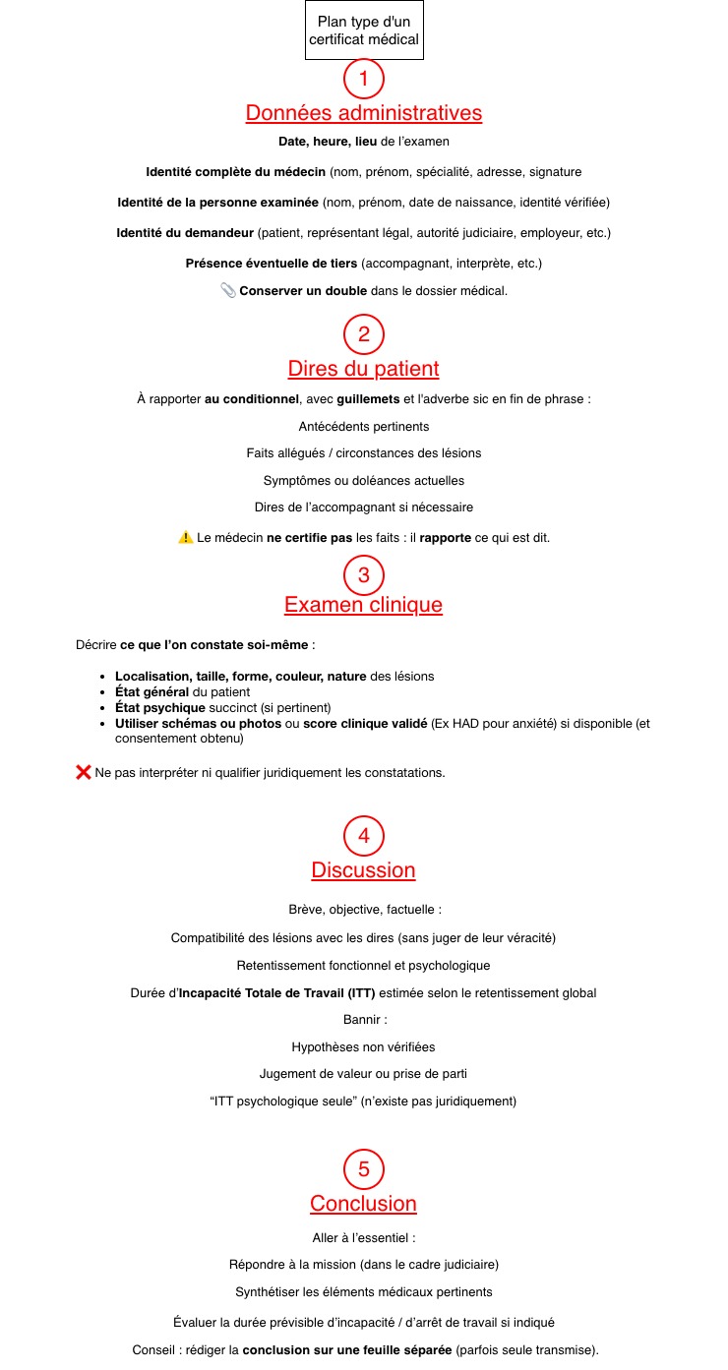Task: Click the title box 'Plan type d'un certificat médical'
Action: [x=364, y=30]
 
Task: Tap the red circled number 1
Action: [x=364, y=78]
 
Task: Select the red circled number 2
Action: [x=364, y=334]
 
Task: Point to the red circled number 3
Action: [x=364, y=574]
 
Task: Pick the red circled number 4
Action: [x=364, y=836]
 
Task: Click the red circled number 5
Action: [x=364, y=1169]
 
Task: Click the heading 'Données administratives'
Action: [x=364, y=113]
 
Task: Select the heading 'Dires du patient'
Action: [x=364, y=369]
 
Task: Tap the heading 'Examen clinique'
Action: [x=364, y=605]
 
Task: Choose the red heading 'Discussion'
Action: [x=364, y=870]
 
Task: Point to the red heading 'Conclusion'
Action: [x=364, y=1204]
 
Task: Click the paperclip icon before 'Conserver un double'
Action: [x=228, y=290]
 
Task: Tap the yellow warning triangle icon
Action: [x=186, y=537]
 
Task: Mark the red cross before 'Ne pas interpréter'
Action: [x=84, y=772]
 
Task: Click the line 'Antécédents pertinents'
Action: [x=364, y=427]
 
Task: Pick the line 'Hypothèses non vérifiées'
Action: [x=364, y=1047]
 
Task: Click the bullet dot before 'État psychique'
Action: [x=103, y=708]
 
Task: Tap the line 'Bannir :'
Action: [x=364, y=1020]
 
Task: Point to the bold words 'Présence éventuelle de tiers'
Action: [x=272, y=264]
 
